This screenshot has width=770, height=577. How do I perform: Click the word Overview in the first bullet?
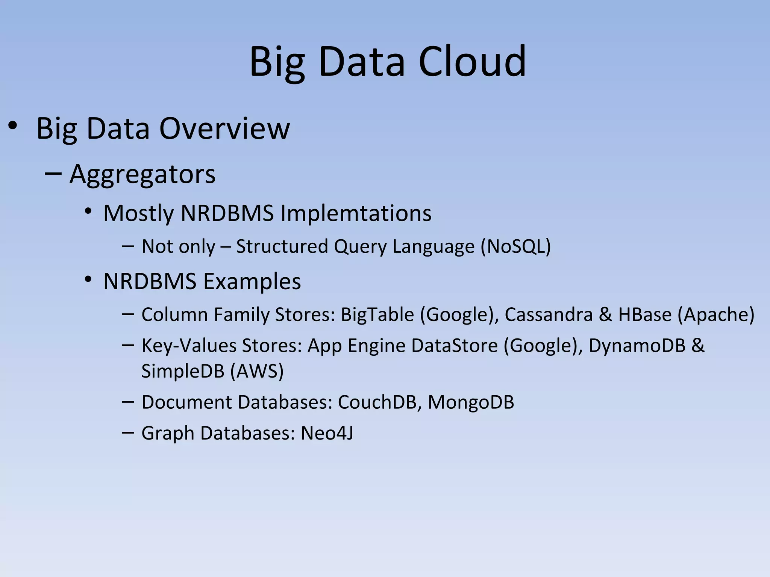point(224,128)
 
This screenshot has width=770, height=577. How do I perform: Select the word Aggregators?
point(142,174)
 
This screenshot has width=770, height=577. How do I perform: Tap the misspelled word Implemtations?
point(356,213)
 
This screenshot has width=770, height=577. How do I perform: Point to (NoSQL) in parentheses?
point(515,246)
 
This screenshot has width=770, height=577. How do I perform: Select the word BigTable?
point(377,314)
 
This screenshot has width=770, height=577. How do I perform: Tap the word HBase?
point(645,314)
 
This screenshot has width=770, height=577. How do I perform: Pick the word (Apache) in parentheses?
point(715,314)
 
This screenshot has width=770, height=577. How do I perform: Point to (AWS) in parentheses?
point(257,371)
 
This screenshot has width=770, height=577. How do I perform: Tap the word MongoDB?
point(471,402)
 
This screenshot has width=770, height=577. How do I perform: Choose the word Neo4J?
point(327,433)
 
